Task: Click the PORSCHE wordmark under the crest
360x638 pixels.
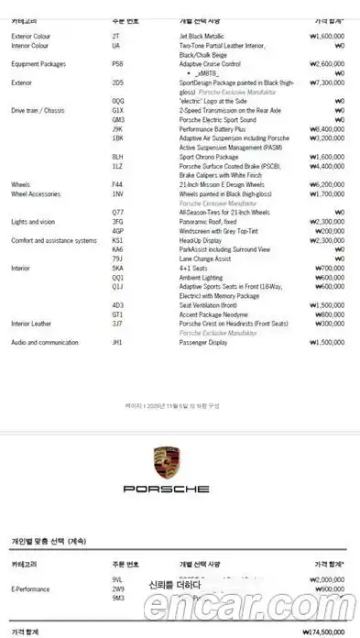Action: click(167, 489)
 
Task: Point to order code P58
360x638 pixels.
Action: click(117, 64)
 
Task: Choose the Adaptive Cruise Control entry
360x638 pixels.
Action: click(210, 64)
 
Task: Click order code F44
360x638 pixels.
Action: click(117, 184)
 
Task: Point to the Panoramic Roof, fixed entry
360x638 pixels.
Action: click(208, 222)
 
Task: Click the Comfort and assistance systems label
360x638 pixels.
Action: click(53, 240)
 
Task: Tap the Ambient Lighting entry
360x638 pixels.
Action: click(202, 277)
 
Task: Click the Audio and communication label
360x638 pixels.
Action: click(43, 342)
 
